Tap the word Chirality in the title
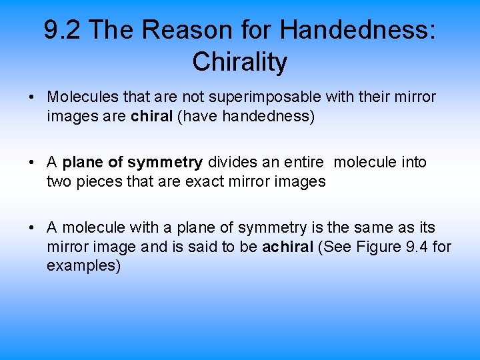240,62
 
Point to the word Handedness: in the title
358,30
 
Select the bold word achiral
287,247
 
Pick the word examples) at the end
83,266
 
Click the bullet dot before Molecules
32,98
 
